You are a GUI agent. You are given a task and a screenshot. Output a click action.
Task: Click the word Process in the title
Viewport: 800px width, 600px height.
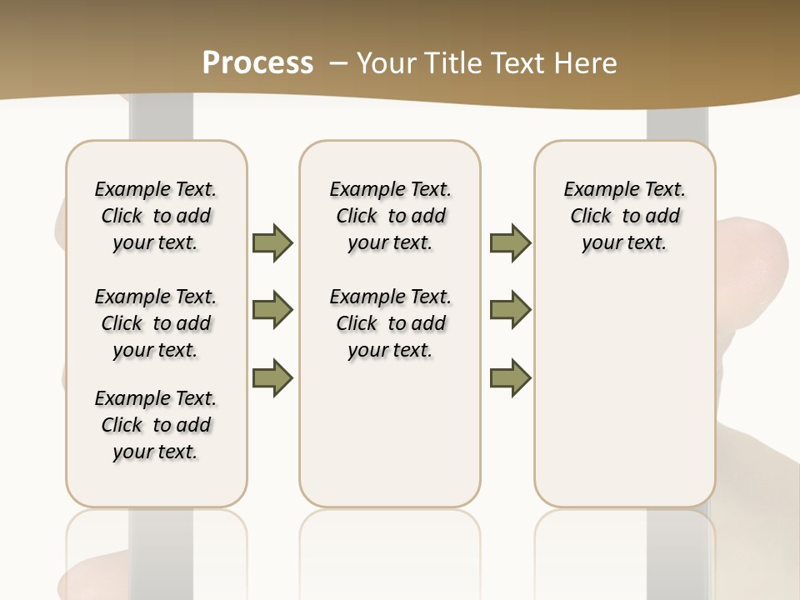(x=257, y=62)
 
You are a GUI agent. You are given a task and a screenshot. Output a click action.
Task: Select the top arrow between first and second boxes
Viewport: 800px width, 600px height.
(x=272, y=242)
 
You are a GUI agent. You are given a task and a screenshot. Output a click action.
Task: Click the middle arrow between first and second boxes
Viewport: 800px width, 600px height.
(x=272, y=310)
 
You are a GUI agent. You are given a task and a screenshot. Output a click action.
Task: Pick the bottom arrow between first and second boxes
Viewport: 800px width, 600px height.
(x=272, y=377)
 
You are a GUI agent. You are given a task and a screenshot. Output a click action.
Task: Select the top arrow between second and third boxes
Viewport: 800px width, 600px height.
(x=510, y=242)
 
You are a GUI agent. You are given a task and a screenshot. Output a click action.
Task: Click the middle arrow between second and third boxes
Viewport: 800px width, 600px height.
(x=510, y=310)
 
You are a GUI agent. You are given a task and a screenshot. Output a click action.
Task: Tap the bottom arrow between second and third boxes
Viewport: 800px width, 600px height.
(x=510, y=377)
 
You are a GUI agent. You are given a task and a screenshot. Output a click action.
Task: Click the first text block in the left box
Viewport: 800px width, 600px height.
(x=156, y=216)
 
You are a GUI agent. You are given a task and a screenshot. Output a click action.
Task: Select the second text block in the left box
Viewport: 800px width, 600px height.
(x=156, y=323)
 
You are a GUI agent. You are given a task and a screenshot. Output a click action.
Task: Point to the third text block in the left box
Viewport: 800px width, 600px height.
(x=156, y=425)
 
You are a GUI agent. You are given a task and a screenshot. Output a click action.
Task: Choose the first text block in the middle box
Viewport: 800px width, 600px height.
(x=390, y=216)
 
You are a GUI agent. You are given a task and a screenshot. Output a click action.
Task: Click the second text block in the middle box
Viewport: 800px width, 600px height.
(x=390, y=323)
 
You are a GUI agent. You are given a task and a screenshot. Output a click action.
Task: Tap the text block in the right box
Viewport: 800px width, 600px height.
(x=624, y=216)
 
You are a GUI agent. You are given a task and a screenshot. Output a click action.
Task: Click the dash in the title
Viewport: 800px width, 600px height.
(x=338, y=62)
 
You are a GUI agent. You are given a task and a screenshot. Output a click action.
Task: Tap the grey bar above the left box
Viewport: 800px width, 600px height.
(x=162, y=121)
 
